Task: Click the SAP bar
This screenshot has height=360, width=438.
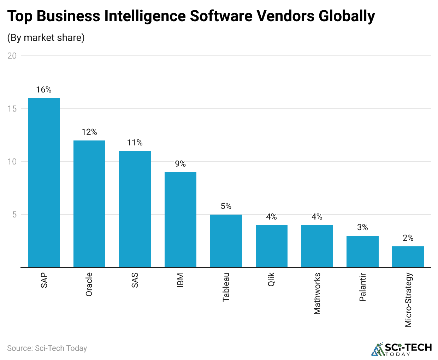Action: (x=44, y=182)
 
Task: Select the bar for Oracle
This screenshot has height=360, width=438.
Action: (x=89, y=204)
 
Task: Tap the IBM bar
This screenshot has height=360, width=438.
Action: (x=180, y=220)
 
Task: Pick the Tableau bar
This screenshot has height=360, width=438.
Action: (x=226, y=241)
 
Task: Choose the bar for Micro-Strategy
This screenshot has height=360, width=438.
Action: (x=408, y=257)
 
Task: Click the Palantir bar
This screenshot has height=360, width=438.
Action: (x=362, y=251)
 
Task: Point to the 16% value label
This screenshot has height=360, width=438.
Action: (x=44, y=90)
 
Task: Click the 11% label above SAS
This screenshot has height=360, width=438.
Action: (x=135, y=143)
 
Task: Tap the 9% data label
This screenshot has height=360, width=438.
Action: (x=180, y=164)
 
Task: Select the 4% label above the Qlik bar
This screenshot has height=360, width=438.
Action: (x=271, y=217)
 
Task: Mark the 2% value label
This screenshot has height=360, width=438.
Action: (x=408, y=238)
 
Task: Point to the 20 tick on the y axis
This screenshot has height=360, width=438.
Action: (x=12, y=56)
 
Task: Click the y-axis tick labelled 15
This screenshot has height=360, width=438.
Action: (x=12, y=109)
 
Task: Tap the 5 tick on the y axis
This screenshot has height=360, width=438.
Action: (x=14, y=215)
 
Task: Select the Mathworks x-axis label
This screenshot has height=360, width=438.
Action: (x=317, y=293)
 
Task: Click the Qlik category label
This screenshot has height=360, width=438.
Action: (x=271, y=279)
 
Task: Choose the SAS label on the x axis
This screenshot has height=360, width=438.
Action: (x=135, y=280)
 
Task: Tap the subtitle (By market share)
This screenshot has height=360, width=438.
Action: (x=46, y=38)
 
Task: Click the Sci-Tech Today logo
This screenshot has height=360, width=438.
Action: (x=401, y=349)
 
